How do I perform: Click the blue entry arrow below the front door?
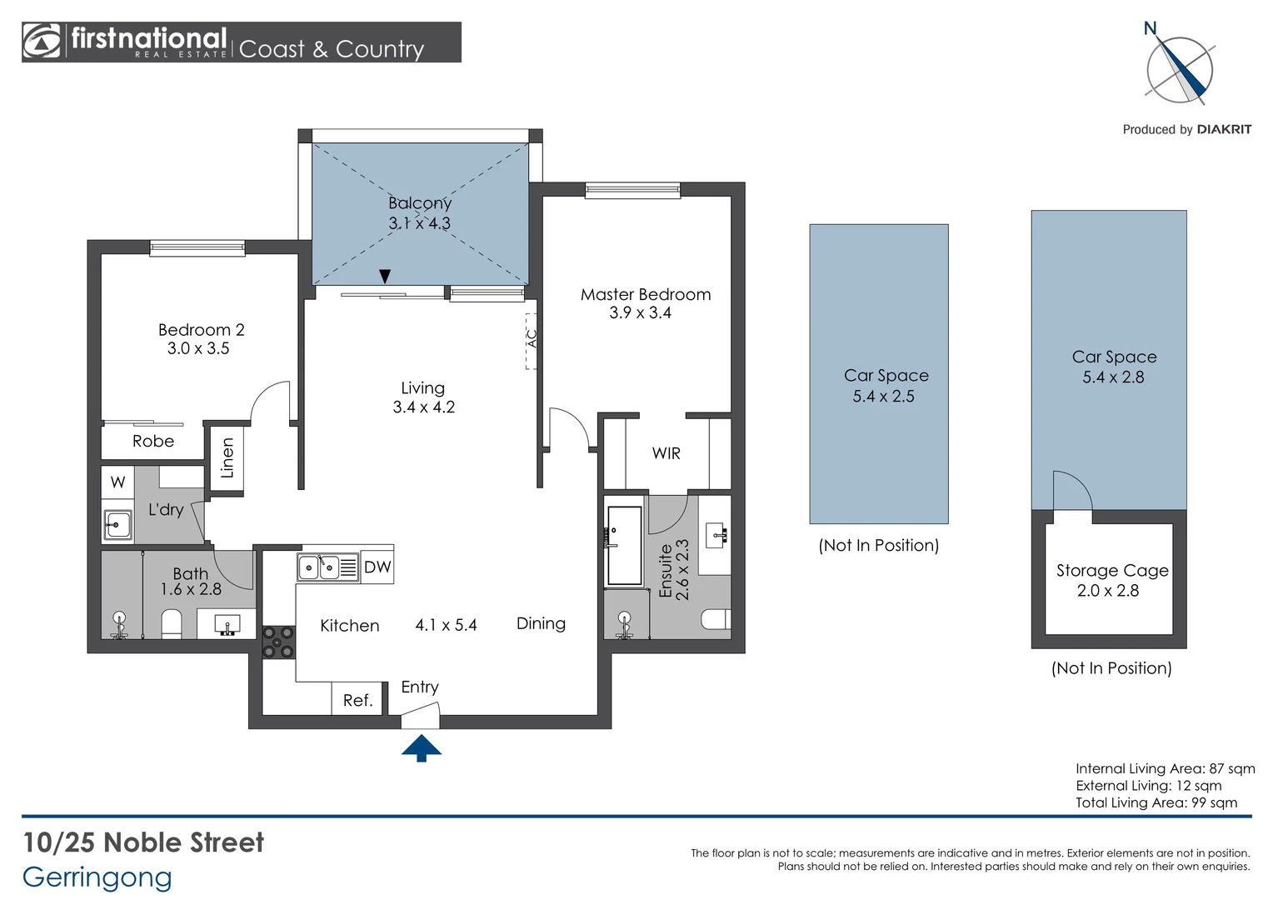421,747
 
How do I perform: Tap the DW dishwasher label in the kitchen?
377,567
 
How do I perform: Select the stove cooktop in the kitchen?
278,642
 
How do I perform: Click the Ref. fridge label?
357,700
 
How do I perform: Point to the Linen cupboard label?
227,457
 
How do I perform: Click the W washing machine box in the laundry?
117,482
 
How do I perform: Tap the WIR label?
666,453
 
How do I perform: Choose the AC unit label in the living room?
532,338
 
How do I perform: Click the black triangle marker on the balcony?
385,277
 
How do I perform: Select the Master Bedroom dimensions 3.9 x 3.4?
641,312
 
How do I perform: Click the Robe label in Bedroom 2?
152,441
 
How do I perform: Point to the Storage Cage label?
1112,570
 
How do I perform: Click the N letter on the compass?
1151,28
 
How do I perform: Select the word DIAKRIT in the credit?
1224,130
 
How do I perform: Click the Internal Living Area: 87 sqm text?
1165,768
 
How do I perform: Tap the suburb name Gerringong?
97,878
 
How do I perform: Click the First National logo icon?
42,41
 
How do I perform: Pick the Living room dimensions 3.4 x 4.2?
424,407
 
